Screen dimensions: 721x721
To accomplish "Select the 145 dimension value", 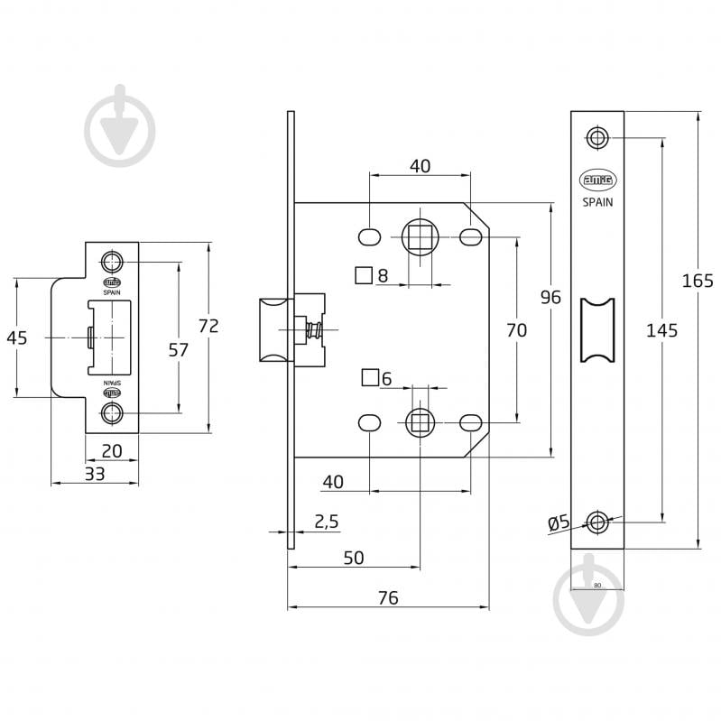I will coord(661,330).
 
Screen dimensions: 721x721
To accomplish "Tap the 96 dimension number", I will coord(550,297).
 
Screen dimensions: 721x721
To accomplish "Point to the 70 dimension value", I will coord(516,330).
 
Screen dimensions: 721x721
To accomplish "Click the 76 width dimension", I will coord(387,597).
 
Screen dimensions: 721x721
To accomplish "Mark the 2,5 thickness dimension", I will coord(326,522).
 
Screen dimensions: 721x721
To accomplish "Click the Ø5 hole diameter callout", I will coord(559,522).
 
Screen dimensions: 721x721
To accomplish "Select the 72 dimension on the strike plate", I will coord(208,327).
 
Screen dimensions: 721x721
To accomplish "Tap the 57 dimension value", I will coord(179,349).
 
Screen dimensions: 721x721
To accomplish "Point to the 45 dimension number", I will coord(16,337).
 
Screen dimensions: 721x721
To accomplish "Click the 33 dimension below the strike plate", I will coord(94,473).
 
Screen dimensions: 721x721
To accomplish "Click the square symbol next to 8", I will coord(364,275).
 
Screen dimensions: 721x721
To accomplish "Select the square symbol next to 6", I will coord(369,378).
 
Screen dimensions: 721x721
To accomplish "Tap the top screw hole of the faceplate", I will coord(596,137).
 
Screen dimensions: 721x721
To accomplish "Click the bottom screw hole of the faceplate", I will coord(596,521).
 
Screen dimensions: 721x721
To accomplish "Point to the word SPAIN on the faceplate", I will coord(596,203).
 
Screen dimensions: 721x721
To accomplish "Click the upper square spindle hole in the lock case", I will coord(420,238).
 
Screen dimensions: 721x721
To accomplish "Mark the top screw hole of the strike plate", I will coord(112,263).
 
